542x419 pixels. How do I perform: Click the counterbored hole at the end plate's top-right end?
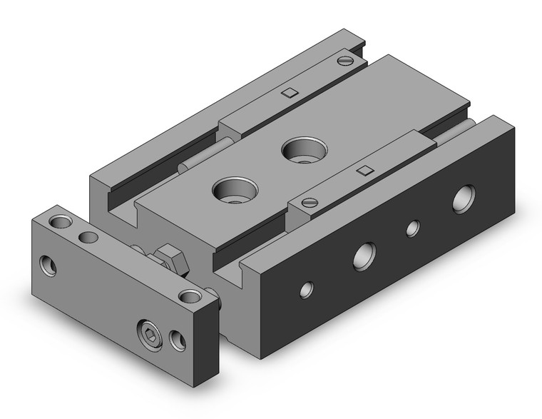(189, 296)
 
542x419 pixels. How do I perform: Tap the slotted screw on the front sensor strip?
(310, 202)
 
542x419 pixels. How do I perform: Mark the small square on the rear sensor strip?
(289, 92)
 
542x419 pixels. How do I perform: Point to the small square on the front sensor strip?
(365, 170)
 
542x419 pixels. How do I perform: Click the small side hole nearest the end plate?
(306, 289)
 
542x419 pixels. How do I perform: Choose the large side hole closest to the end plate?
(363, 255)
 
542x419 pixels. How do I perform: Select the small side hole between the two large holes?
(412, 228)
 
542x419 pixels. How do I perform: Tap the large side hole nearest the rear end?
(464, 198)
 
